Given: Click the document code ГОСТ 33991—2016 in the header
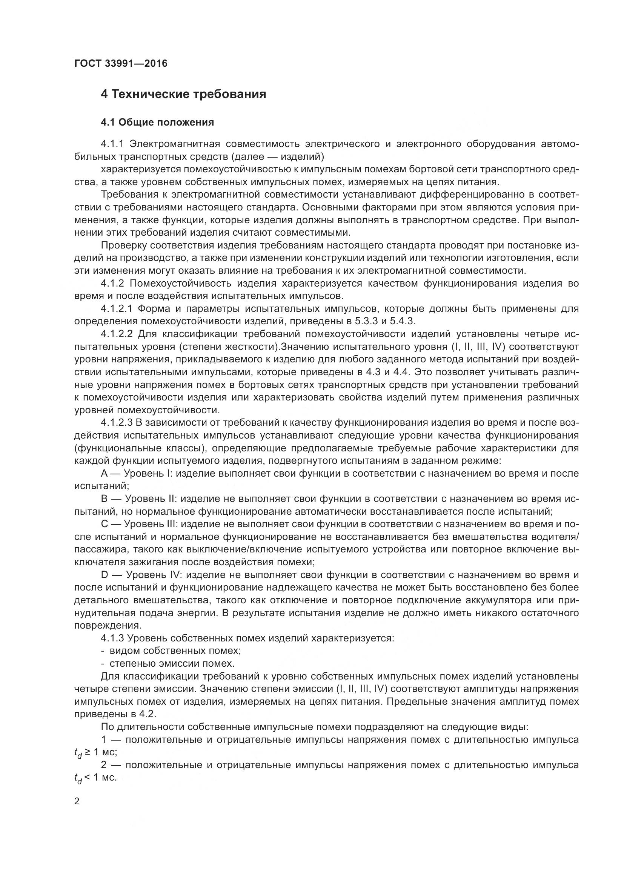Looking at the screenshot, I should (x=121, y=63).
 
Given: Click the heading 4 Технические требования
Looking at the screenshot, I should (x=183, y=94).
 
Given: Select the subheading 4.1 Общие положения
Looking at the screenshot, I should (x=157, y=123).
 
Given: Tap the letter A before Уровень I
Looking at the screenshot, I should (x=105, y=474).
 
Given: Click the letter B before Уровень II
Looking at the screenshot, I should (x=105, y=499).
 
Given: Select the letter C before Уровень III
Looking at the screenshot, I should (x=105, y=525).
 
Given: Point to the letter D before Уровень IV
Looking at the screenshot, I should (x=105, y=575).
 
